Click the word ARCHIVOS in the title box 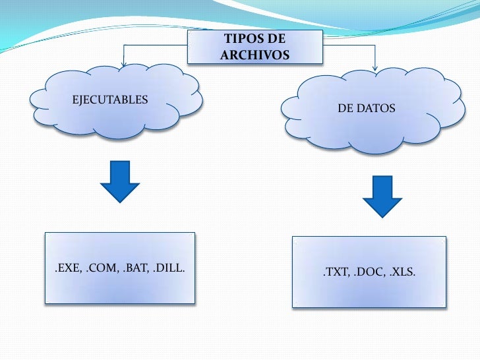pyautogui.click(x=255, y=55)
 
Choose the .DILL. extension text pyautogui.click(x=169, y=268)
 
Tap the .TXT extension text pyautogui.click(x=335, y=272)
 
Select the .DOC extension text pyautogui.click(x=368, y=272)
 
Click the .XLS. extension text pyautogui.click(x=400, y=272)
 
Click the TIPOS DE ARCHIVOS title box pyautogui.click(x=255, y=47)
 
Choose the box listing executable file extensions pyautogui.click(x=120, y=268)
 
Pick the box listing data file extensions pyautogui.click(x=369, y=272)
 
